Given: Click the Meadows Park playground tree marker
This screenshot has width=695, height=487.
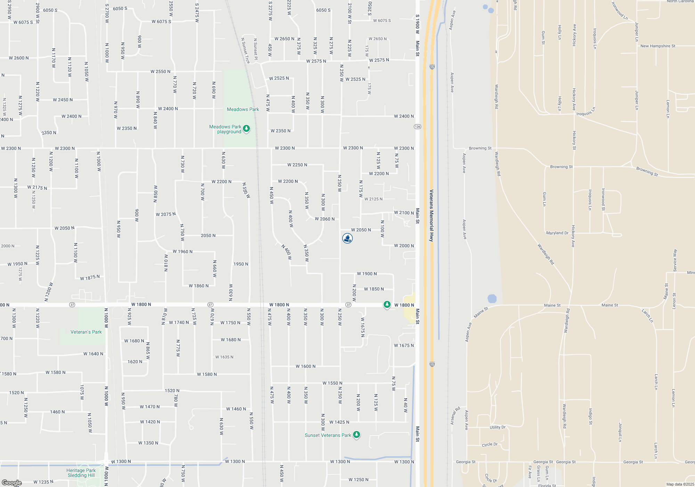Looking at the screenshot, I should click(x=246, y=129).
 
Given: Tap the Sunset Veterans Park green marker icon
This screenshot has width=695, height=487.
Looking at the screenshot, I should click(x=356, y=435).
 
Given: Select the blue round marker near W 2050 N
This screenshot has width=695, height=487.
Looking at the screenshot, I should click(x=347, y=238).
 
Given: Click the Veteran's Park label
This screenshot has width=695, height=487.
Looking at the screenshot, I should click(x=86, y=332).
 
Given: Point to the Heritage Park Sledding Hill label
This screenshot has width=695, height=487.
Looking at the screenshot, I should click(x=81, y=473).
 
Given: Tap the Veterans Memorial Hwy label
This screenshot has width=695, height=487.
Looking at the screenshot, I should click(x=431, y=216).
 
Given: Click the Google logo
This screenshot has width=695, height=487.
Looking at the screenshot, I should click(x=12, y=483).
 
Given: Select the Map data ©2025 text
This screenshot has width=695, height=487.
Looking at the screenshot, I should click(x=680, y=484).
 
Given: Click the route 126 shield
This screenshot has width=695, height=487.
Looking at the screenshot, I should click(x=417, y=127).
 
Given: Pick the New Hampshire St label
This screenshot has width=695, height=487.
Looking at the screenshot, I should click(x=658, y=46).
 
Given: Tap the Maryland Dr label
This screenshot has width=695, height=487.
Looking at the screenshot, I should click(x=557, y=233).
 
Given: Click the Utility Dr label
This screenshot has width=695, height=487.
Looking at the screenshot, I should click(x=498, y=427).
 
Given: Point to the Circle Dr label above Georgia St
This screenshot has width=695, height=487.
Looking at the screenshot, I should click(x=490, y=445).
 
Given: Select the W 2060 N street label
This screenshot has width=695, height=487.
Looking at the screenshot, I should click(x=325, y=219).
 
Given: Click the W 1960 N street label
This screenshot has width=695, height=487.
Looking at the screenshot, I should click(x=182, y=252).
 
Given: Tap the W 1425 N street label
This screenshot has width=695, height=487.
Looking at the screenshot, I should click(x=339, y=422).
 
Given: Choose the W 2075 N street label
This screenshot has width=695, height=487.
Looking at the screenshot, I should click(x=165, y=214).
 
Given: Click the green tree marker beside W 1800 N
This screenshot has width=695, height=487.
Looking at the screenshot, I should click(x=387, y=304).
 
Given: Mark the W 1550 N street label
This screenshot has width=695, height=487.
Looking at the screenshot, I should click(x=332, y=383).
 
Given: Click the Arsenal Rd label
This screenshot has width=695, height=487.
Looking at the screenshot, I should click(x=455, y=415).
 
